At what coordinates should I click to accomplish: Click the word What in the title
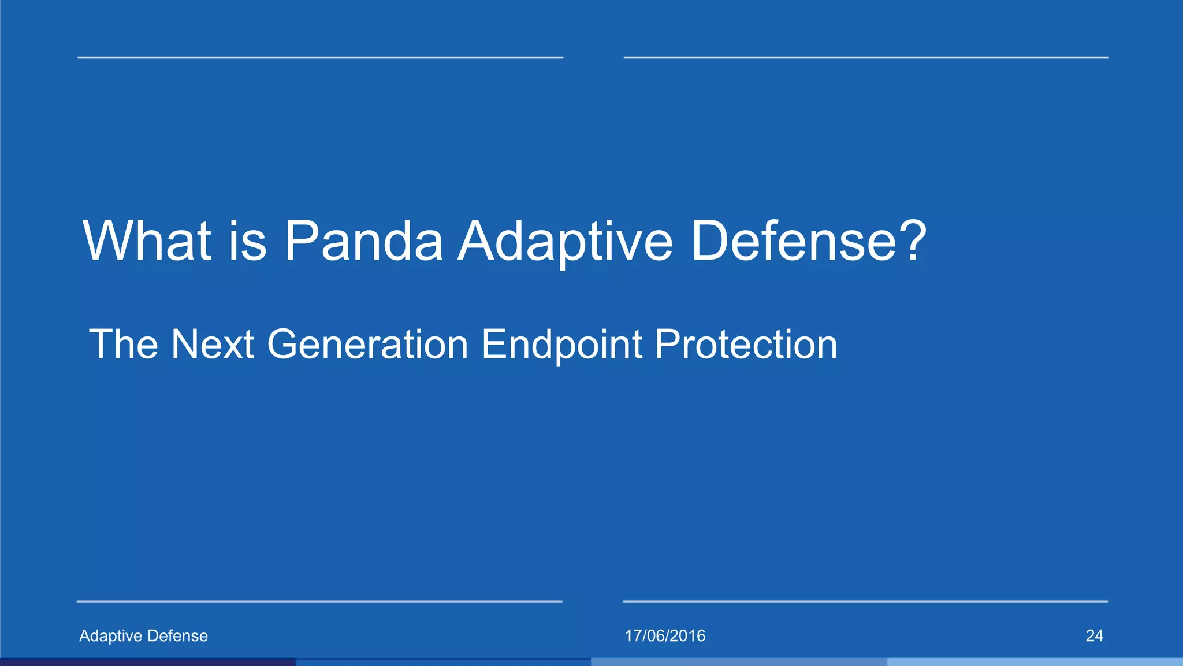coord(147,240)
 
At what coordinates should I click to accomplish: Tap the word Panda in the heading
coord(363,240)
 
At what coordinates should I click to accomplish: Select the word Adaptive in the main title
coord(565,242)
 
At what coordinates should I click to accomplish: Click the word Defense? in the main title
coord(808,240)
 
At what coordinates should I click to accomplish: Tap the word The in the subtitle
coord(124,345)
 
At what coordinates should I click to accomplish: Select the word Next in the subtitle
coord(213,345)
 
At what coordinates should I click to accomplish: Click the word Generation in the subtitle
coord(367,345)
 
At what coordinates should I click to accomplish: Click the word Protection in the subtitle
coord(746,345)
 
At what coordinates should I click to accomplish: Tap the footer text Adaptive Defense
coord(143,636)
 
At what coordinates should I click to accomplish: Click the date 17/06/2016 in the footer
coord(665,636)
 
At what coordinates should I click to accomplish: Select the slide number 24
coord(1094,636)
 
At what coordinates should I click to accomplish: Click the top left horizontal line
coord(320,57)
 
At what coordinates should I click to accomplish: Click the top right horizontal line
coord(866,57)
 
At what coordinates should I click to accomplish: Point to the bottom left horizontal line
coord(319,601)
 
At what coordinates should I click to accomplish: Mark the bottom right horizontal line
coord(865,601)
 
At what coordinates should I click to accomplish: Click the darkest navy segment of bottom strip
coord(148,662)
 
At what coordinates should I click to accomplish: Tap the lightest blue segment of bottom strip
coord(1035,662)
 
